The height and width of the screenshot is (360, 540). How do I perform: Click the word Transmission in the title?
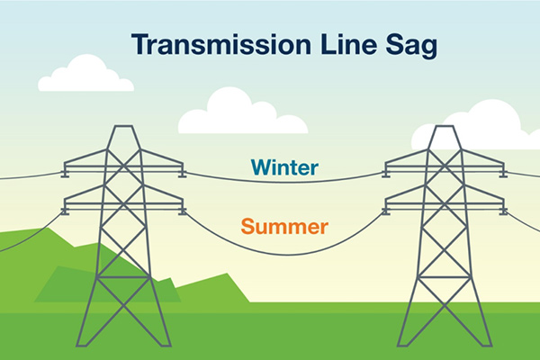tap(221, 44)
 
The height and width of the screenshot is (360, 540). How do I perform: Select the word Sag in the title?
tap(411, 47)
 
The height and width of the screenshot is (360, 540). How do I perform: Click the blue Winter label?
tap(284, 167)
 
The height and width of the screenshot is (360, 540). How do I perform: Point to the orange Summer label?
tap(284, 226)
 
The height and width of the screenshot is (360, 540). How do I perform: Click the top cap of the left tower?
tap(123, 126)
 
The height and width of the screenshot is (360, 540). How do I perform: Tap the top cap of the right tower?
tap(445, 126)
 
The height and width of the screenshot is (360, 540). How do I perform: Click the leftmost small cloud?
tap(85, 74)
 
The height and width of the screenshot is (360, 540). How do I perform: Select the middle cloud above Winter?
tap(242, 112)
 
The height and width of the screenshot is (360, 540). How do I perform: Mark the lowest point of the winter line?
tap(284, 182)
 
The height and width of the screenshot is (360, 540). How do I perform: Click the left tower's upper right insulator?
tap(183, 174)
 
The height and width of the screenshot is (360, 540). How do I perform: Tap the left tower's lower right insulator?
tap(183, 211)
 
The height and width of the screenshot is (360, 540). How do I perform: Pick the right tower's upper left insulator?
tap(386, 174)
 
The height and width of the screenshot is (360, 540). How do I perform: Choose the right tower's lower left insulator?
tap(386, 211)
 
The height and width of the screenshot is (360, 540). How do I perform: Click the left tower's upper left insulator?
tap(65, 174)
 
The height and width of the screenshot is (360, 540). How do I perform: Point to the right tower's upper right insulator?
tap(503, 174)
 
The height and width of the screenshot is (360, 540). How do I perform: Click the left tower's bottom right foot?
tap(166, 346)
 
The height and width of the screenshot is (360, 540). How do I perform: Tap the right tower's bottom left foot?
tap(402, 346)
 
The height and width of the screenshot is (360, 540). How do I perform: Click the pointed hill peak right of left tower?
tap(227, 274)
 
